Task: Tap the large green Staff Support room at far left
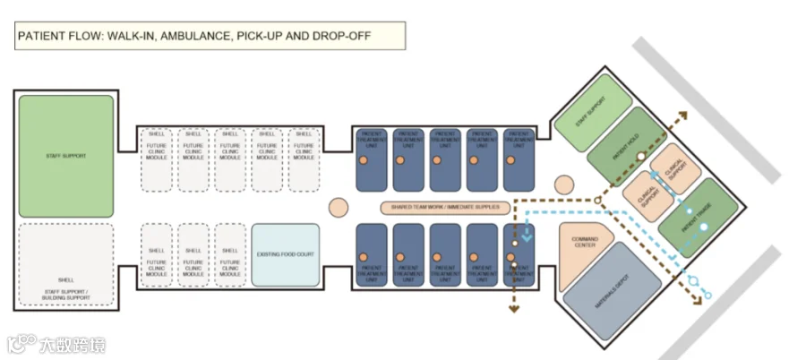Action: click(65, 155)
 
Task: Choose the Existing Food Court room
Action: click(285, 254)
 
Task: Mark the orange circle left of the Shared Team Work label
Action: click(338, 208)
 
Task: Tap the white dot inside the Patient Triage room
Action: click(704, 227)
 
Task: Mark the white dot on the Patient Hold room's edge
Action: click(640, 157)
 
